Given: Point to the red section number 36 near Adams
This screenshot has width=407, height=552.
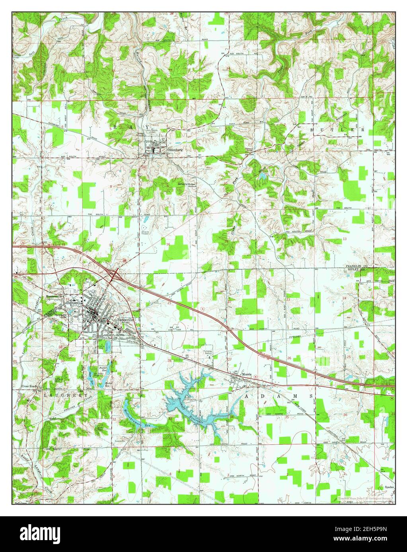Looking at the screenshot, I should (x=345, y=415).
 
